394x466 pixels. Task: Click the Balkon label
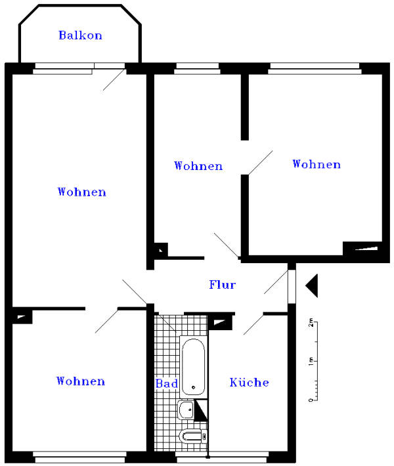80,35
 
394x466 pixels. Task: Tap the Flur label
223,285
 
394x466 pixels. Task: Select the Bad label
167,383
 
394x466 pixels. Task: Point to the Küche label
249,382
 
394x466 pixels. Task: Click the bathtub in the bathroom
194,368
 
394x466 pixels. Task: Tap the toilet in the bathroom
193,436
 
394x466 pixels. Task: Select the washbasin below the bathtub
186,410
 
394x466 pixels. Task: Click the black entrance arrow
312,286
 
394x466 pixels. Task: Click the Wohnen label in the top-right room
317,164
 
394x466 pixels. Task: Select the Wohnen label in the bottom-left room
81,381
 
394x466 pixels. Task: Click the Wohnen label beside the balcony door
82,192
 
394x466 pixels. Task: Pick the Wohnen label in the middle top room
198,165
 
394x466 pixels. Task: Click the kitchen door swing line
253,324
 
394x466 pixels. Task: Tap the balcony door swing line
114,79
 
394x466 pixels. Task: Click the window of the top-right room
315,68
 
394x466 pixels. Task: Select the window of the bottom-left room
79,457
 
